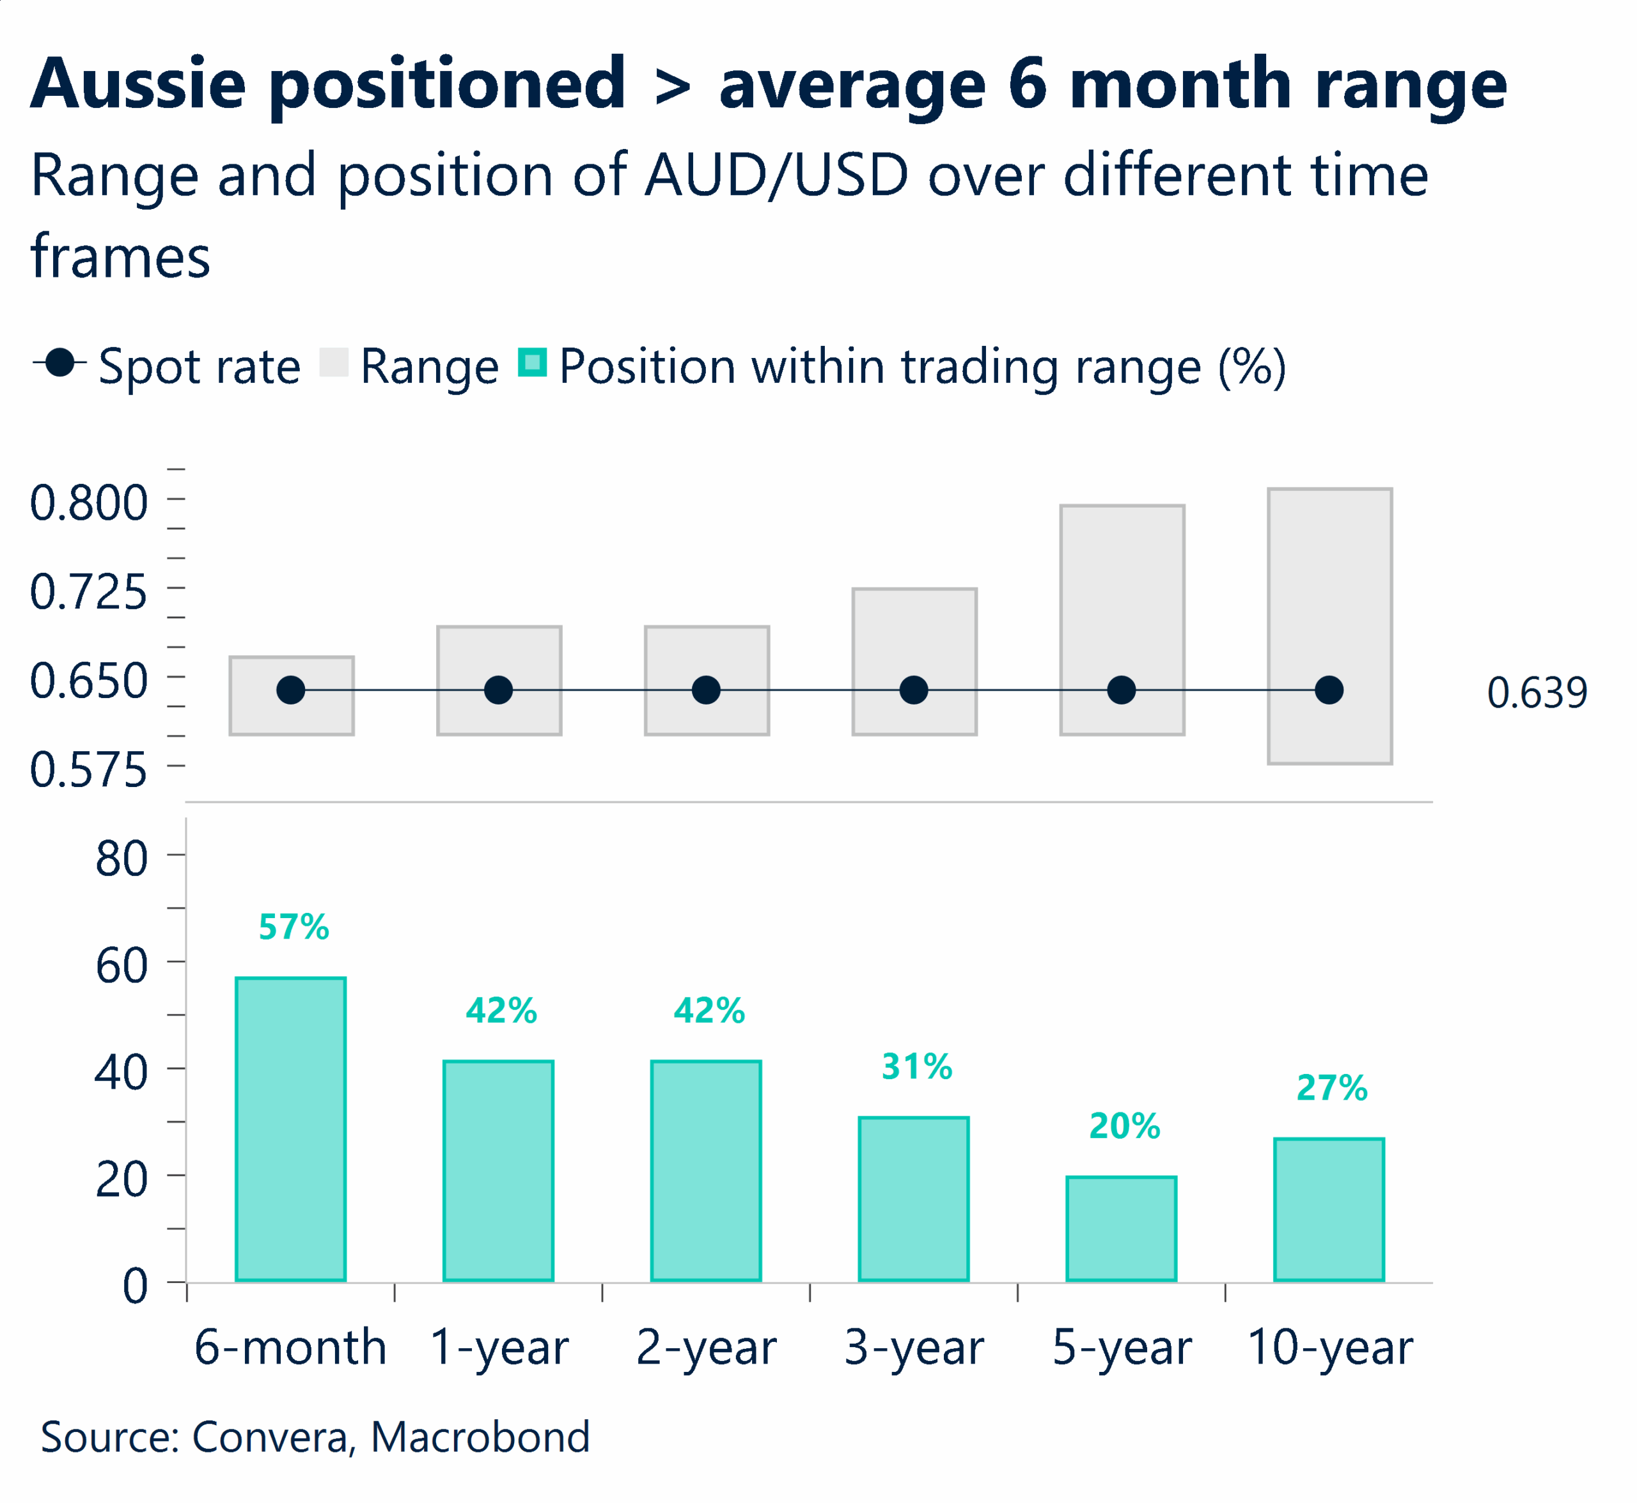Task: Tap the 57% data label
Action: point(294,927)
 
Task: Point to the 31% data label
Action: point(917,1066)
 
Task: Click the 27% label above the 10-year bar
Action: point(1332,1087)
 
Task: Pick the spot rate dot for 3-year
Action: point(914,690)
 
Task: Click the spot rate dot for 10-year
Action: point(1329,690)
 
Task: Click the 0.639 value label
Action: point(1537,693)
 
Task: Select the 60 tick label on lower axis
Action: point(121,966)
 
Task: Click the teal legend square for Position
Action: point(532,362)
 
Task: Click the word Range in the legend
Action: point(429,367)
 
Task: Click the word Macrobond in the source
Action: point(480,1437)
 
